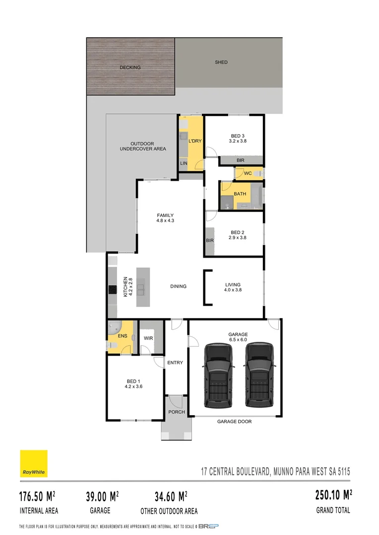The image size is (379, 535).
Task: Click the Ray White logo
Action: coord(34,464)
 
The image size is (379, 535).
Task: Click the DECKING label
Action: coord(130,67)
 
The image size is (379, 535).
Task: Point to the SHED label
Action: coord(221,62)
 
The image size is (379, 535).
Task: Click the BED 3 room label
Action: coord(238,136)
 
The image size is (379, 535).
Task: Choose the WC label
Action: coord(248,173)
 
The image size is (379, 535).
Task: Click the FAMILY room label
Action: coord(165,215)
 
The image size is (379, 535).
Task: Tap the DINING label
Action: coord(178,286)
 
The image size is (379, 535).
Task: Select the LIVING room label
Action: coord(233,285)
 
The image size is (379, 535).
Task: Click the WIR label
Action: coord(148,338)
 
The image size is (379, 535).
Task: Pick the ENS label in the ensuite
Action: coord(123,336)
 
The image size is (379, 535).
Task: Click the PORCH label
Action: coord(177,412)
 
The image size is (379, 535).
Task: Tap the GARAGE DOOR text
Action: coord(234,422)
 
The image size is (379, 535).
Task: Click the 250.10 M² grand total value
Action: coord(333,495)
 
